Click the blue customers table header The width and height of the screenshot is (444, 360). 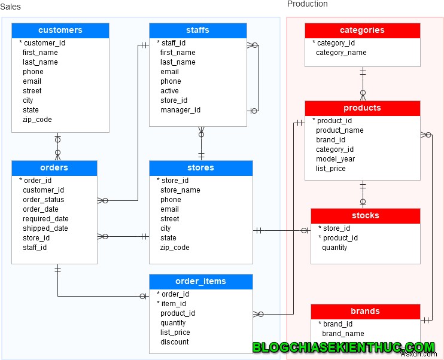[60, 30]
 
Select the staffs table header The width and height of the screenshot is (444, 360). [197, 30]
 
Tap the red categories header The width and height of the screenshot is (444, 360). [362, 30]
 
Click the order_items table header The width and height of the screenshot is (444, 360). [200, 282]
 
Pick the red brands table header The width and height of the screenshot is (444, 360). [365, 312]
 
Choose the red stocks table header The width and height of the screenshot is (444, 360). [365, 216]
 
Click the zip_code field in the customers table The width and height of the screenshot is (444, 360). [37, 120]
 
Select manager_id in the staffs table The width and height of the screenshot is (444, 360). [180, 110]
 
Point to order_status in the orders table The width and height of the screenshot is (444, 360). [43, 200]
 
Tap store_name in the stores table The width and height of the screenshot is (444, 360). [180, 190]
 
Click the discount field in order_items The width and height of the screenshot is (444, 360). [174, 342]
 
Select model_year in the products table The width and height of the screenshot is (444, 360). [335, 159]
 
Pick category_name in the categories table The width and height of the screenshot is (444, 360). [341, 53]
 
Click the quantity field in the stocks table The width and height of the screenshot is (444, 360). [334, 248]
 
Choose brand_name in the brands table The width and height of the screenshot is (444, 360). [343, 334]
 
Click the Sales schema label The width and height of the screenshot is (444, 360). [11, 7]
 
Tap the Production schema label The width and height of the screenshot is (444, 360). [307, 4]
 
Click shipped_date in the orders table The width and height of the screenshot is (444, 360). [45, 228]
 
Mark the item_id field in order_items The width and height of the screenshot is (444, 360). [174, 304]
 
